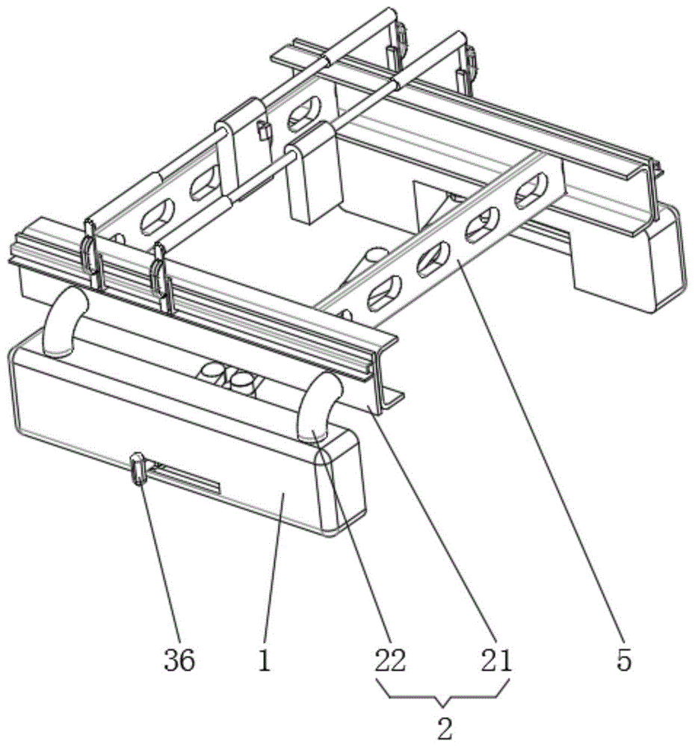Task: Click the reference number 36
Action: (179, 660)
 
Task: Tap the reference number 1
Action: (264, 660)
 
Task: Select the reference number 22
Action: (390, 660)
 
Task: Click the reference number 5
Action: (625, 660)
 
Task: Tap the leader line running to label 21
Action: (441, 538)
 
